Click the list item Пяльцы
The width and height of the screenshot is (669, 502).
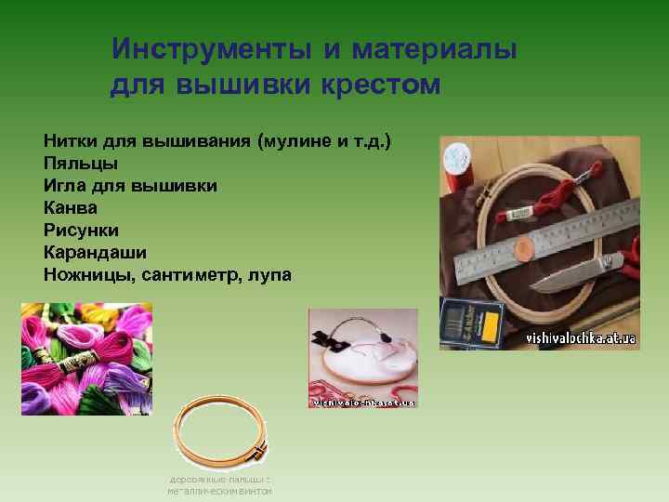(80, 164)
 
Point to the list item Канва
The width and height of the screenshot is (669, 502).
(70, 207)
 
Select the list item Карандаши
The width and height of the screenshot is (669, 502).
(95, 252)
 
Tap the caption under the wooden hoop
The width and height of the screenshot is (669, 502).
(219, 484)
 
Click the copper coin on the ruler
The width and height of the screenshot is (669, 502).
(523, 247)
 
